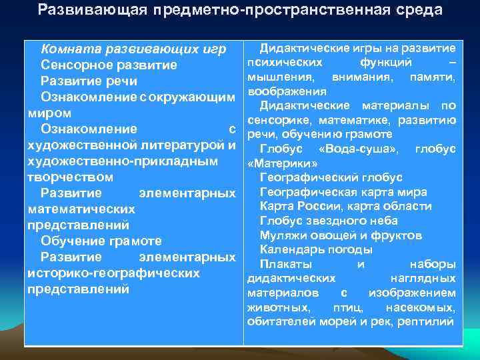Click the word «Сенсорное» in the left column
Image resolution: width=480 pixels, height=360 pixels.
coord(75,65)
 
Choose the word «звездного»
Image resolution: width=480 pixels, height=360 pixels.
coord(337,221)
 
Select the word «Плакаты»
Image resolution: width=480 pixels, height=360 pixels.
coord(285,264)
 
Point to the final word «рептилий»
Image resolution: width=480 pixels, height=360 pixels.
coord(427,322)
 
